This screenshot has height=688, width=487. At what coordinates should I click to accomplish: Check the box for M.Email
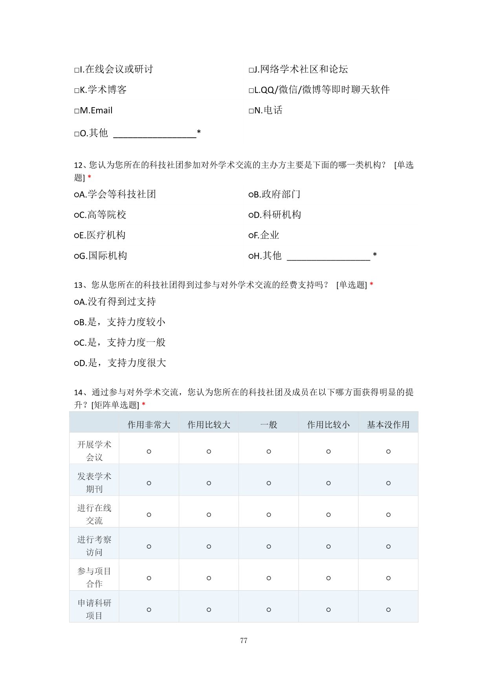(x=77, y=111)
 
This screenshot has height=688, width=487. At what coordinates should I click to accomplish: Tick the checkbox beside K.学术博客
(x=77, y=91)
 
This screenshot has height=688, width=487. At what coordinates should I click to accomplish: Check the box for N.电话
(x=251, y=111)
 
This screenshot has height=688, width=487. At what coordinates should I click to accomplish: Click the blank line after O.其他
(x=154, y=134)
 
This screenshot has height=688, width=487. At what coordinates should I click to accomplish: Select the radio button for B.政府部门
(x=251, y=195)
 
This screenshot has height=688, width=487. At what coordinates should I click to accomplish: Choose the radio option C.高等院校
(x=76, y=215)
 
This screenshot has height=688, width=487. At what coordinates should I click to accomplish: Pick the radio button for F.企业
(x=251, y=235)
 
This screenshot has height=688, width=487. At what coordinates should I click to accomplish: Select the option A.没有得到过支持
(x=76, y=302)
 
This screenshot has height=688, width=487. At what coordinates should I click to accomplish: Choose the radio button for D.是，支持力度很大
(x=76, y=363)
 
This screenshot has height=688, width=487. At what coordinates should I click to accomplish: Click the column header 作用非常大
(x=149, y=425)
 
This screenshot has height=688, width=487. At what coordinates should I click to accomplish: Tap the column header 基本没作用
(x=388, y=425)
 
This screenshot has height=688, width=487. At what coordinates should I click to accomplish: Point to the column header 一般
(x=269, y=425)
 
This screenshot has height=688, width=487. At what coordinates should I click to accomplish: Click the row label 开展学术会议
(x=94, y=451)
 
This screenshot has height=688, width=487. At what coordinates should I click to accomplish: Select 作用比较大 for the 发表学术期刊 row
(x=209, y=483)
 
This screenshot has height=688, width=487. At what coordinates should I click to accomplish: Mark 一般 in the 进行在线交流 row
(x=269, y=515)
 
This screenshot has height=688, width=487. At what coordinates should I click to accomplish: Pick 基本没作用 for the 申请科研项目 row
(x=388, y=610)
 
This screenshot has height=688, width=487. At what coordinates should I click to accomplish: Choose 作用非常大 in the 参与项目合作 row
(x=149, y=578)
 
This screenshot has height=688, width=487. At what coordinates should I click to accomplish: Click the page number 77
(x=243, y=641)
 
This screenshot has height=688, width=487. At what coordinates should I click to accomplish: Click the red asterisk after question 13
(x=372, y=285)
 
